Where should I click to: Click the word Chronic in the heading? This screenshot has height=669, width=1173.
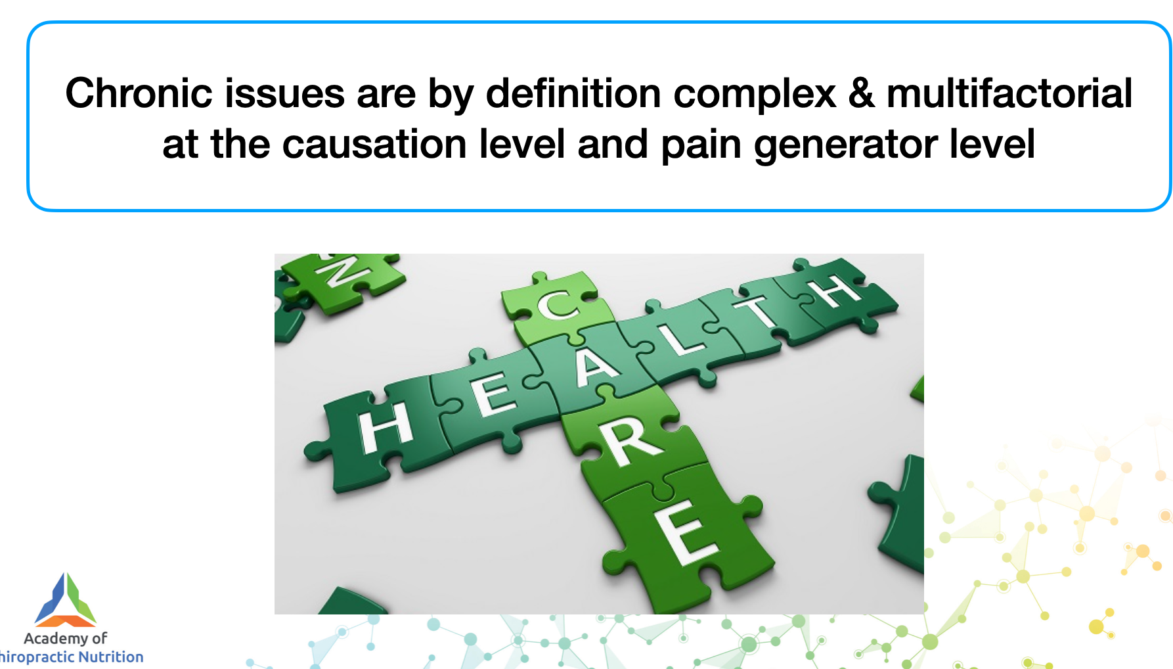coord(139,93)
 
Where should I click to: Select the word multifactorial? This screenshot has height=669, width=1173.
coord(1009,93)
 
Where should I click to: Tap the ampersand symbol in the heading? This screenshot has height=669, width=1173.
coord(862,93)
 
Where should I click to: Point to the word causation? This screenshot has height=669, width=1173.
coord(374,144)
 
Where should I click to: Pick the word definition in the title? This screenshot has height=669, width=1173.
coord(573,93)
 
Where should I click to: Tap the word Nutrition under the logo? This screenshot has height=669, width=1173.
coord(110,657)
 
